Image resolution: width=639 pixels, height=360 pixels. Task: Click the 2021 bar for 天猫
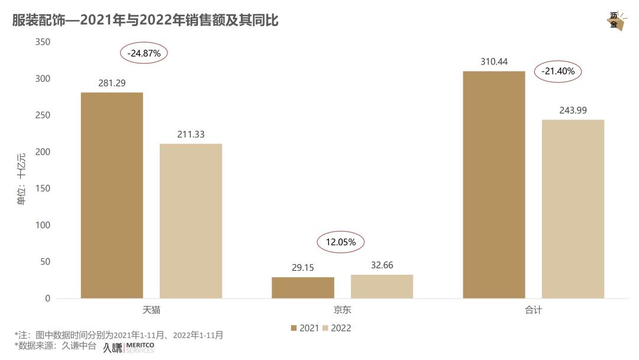(112, 195)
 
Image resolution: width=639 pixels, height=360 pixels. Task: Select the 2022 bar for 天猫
(191, 221)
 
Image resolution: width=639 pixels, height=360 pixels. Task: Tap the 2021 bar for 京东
(303, 288)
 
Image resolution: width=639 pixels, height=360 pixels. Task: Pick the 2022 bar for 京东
(382, 287)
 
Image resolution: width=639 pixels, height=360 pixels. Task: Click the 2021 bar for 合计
(494, 185)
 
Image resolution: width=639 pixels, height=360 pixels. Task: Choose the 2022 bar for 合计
(573, 209)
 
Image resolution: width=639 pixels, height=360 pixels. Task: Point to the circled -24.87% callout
(144, 53)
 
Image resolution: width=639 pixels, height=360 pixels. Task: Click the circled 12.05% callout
(340, 242)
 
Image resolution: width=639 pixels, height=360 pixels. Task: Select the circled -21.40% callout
(558, 72)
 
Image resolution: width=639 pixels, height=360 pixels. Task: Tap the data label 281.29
(112, 83)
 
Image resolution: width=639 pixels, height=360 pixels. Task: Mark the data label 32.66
(382, 265)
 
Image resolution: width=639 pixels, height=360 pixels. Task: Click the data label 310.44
(494, 62)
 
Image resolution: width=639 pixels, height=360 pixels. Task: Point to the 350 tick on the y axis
(43, 42)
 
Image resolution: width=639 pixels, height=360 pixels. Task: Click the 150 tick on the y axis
(43, 189)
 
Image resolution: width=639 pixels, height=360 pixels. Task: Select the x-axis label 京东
(342, 310)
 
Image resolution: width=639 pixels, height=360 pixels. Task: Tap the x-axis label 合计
(533, 310)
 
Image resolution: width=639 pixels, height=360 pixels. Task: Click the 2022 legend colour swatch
(325, 327)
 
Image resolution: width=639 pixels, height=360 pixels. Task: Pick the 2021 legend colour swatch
(293, 327)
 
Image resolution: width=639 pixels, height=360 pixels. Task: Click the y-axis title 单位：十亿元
(21, 179)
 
